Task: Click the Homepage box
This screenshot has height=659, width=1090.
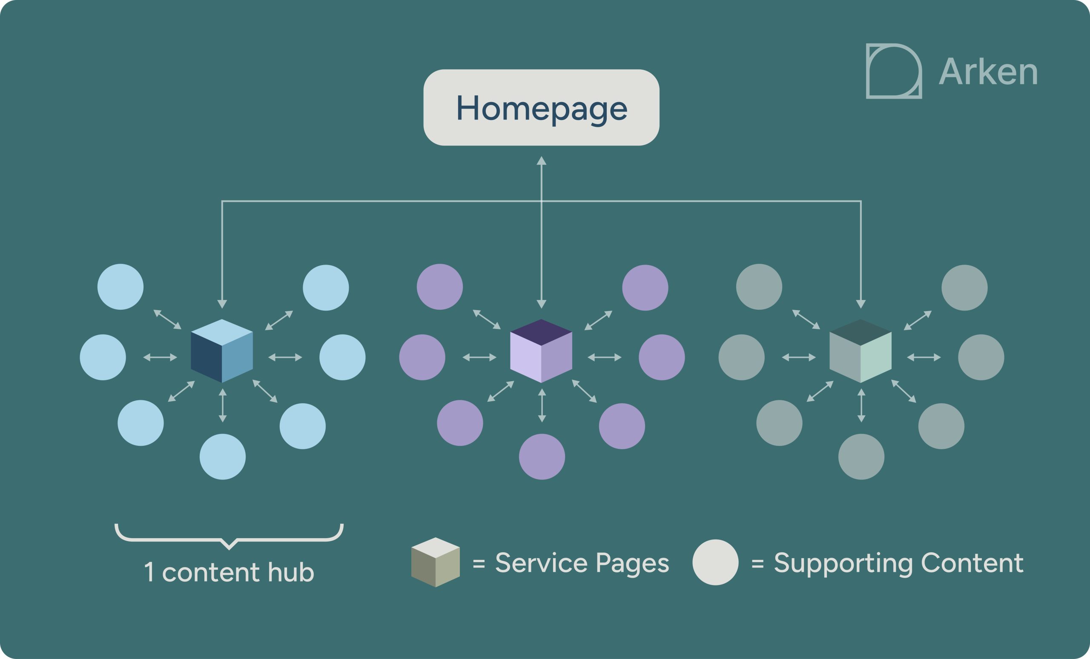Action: [x=541, y=107]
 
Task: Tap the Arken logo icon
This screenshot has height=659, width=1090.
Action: [x=894, y=71]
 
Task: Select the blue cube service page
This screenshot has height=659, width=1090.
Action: [x=222, y=351]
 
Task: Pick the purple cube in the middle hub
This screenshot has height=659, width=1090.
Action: [x=541, y=351]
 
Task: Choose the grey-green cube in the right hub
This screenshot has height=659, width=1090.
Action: [x=861, y=351]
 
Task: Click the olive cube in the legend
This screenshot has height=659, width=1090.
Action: [x=435, y=562]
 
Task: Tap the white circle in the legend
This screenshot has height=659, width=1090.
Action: [x=715, y=562]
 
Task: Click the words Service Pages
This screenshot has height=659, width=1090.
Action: [x=582, y=563]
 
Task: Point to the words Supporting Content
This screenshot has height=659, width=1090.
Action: [x=898, y=563]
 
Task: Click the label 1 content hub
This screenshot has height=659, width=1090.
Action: [x=229, y=572]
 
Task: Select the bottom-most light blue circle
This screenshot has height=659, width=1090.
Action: [x=223, y=456]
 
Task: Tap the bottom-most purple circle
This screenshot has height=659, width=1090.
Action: [x=542, y=456]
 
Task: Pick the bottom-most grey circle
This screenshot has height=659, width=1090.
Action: [x=861, y=456]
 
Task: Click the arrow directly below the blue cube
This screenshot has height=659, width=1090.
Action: [x=223, y=405]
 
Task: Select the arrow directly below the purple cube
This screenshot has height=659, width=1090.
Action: [x=542, y=405]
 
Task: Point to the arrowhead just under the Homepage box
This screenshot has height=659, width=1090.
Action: [x=542, y=160]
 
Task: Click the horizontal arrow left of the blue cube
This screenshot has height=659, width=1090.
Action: [x=160, y=357]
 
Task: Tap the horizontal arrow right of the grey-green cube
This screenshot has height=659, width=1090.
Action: [x=924, y=357]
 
